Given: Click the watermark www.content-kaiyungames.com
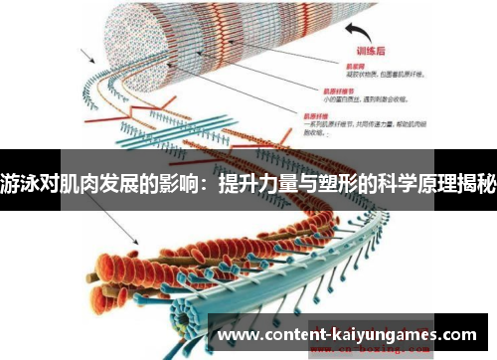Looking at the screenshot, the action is point(354,335).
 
